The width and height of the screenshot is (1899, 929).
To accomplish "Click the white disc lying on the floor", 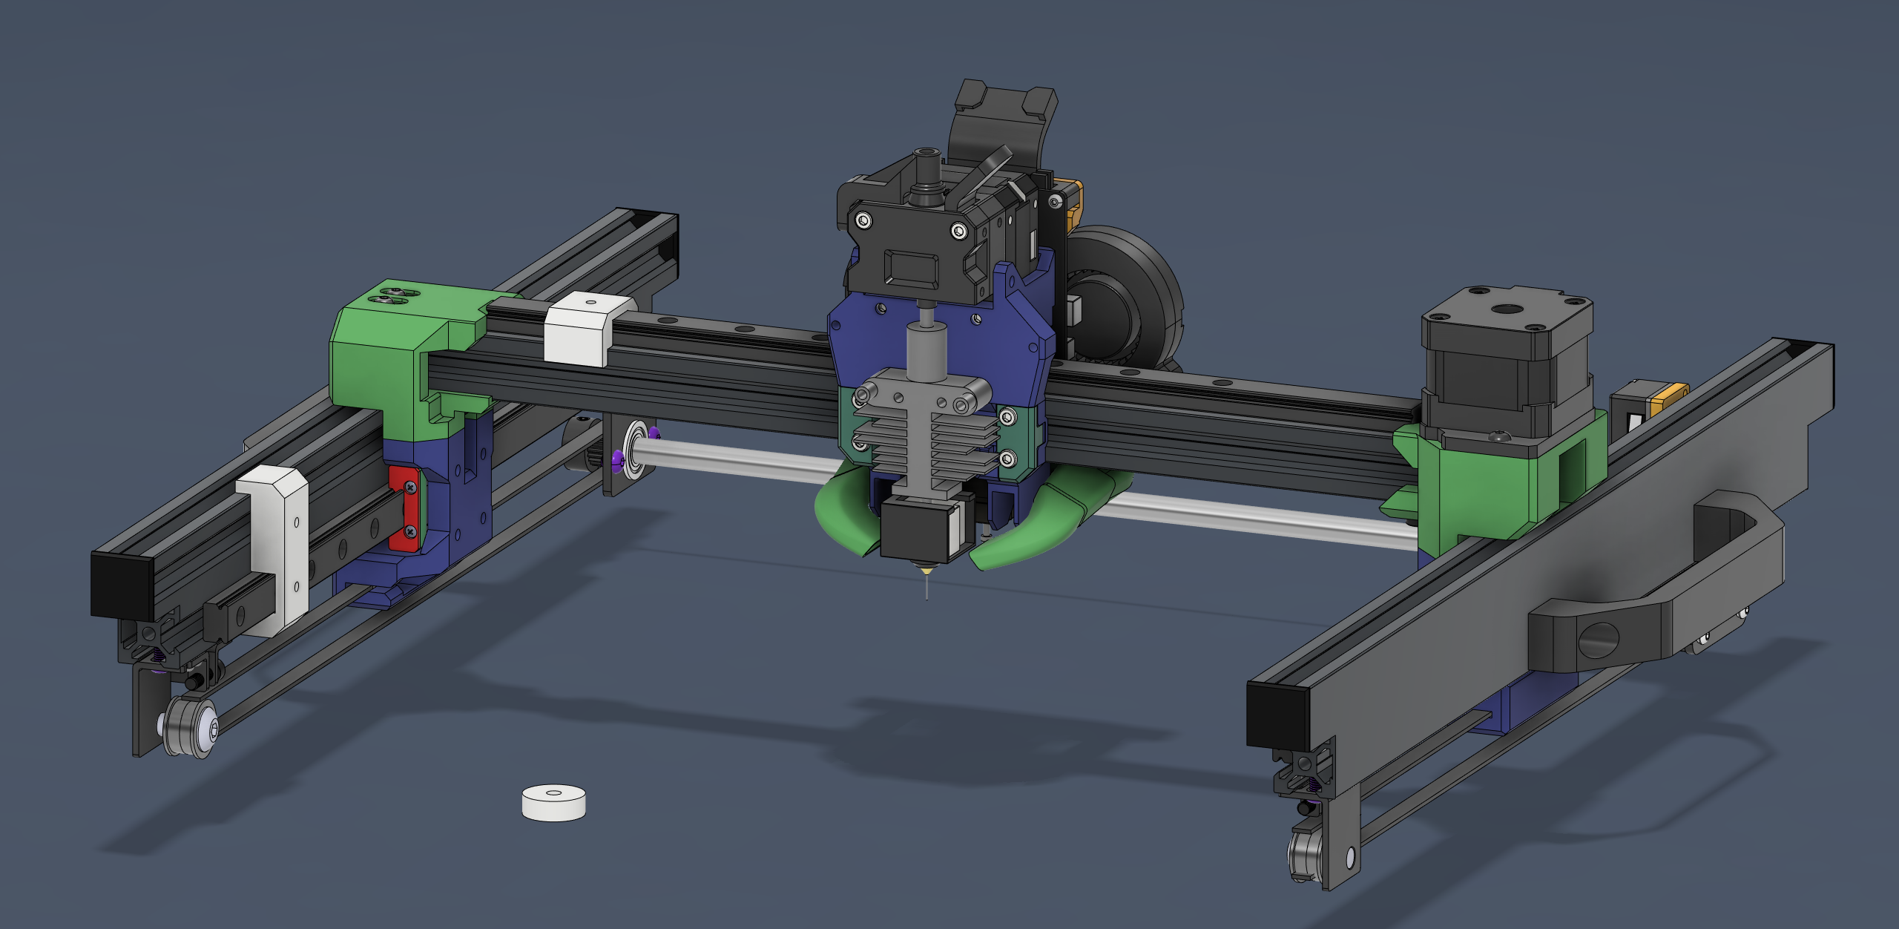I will pos(553,803).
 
